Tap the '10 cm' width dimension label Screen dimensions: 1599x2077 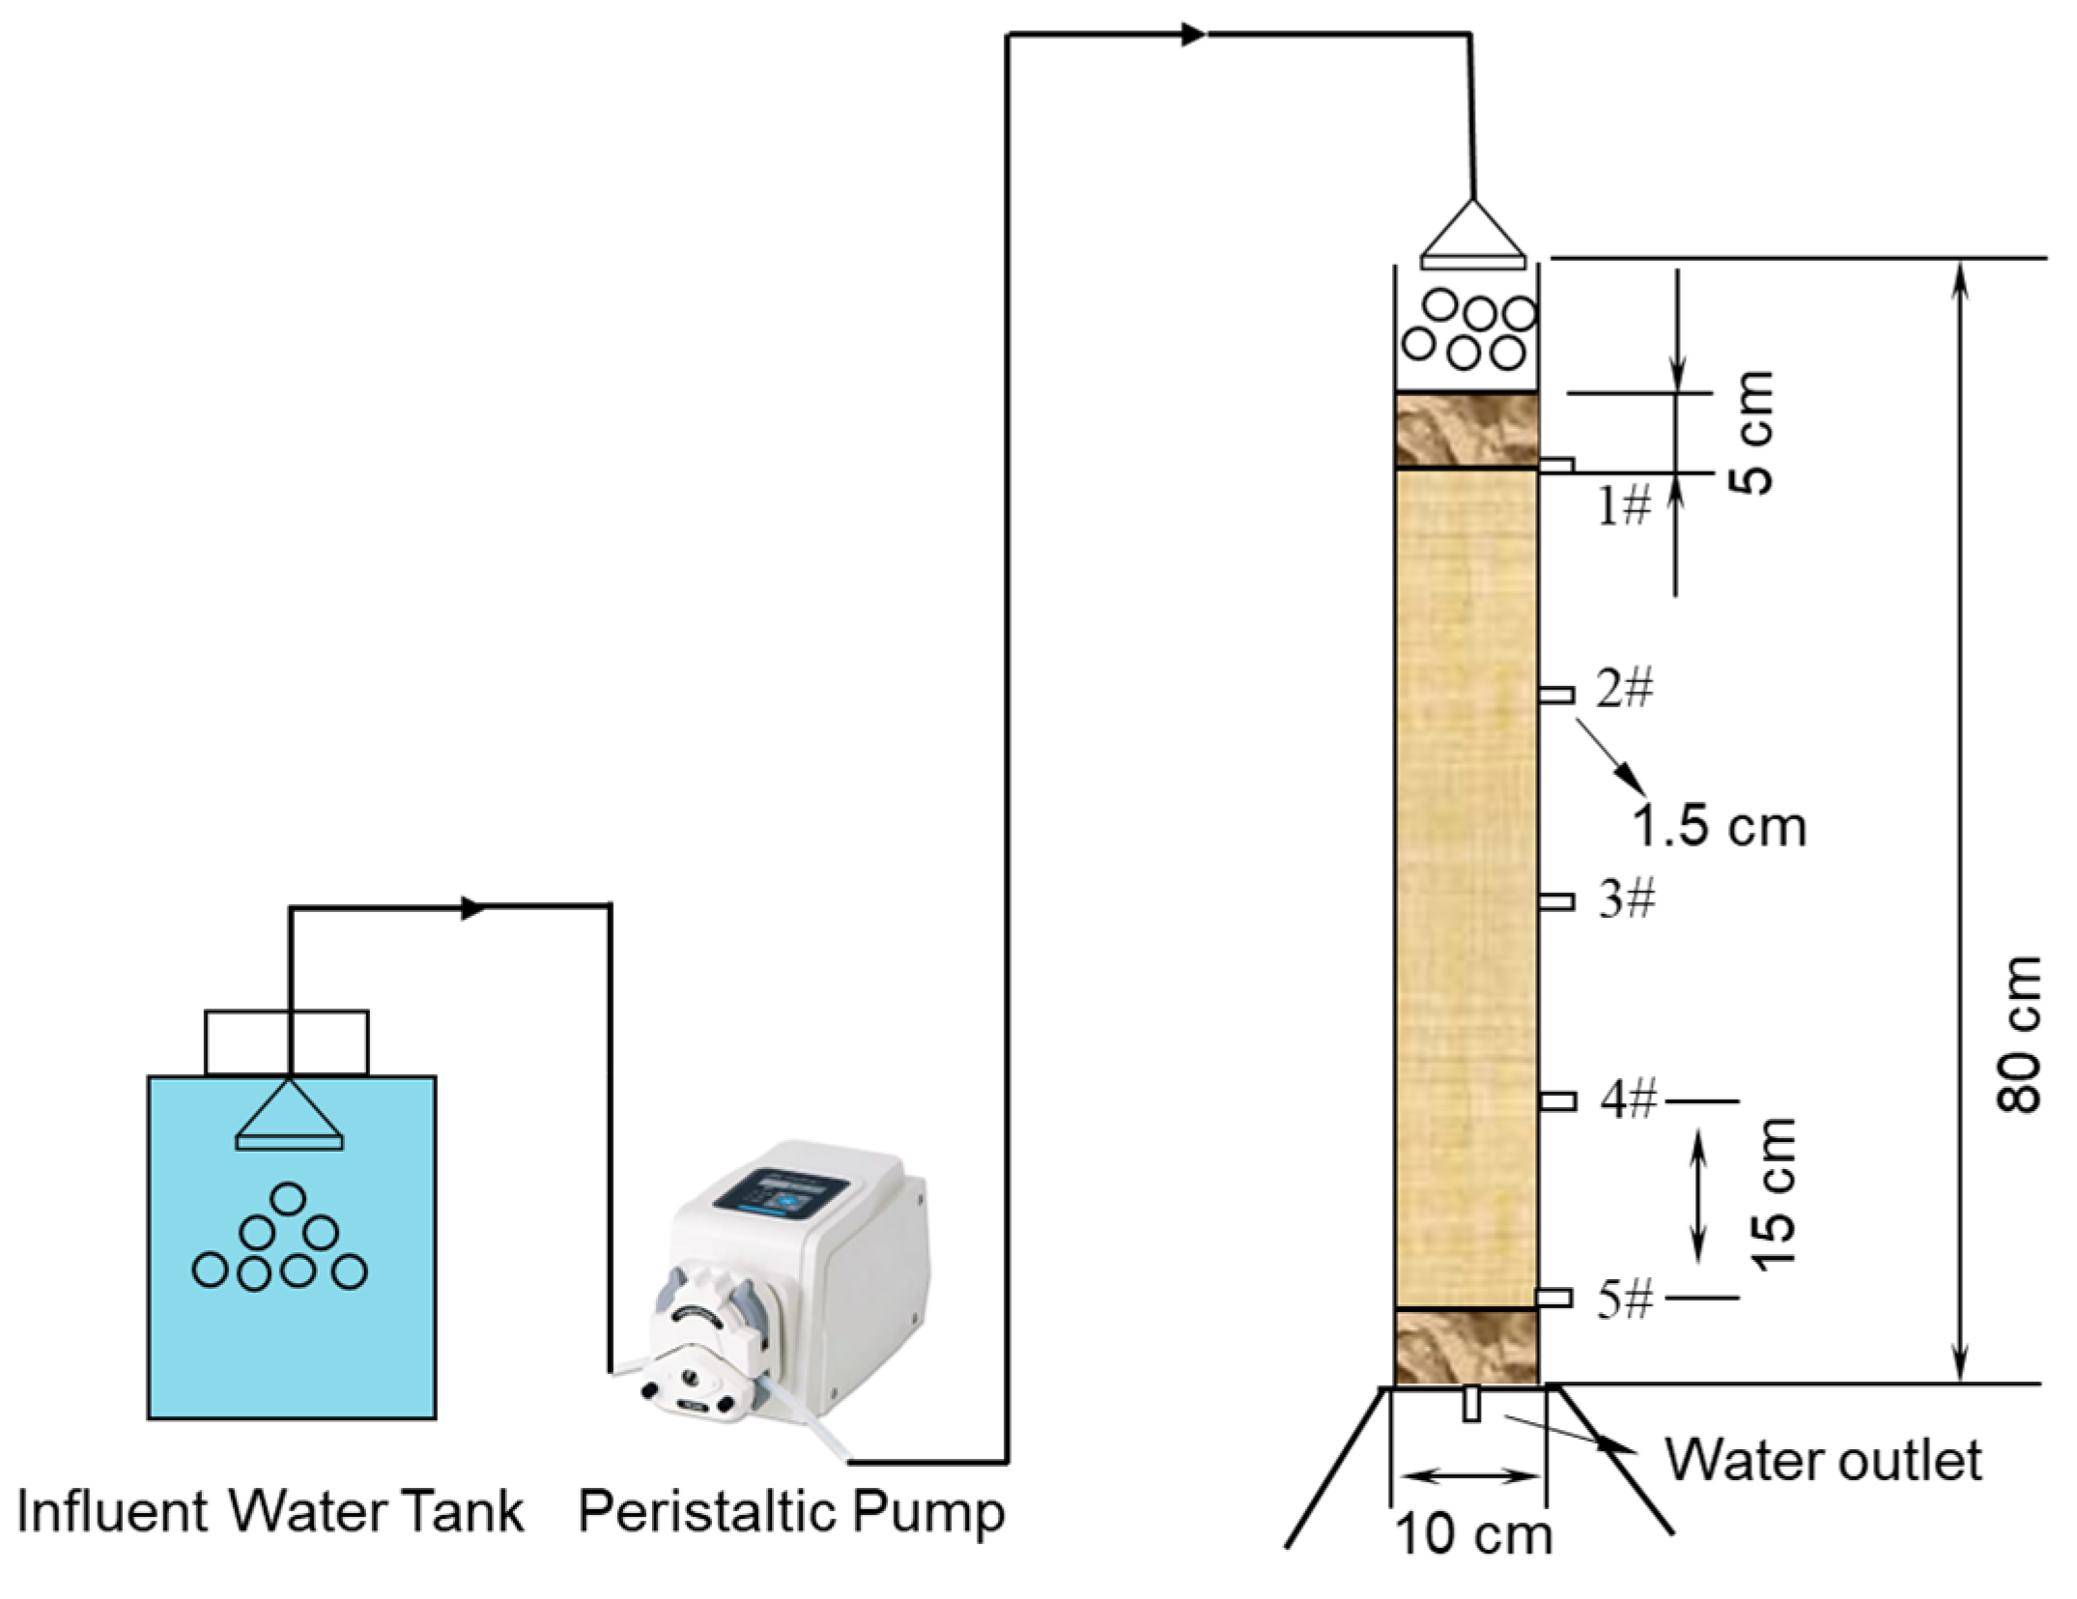1474,1534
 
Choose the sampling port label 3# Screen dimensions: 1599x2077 1627,899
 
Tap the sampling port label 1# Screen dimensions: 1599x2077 1624,505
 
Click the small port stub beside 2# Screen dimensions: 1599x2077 1556,695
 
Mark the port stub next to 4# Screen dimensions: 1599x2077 1557,1101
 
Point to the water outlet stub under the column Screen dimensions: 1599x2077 1471,1404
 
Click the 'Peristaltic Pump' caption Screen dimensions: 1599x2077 791,1511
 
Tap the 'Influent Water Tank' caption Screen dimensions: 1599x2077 270,1511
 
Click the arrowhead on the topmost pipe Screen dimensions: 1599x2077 1194,36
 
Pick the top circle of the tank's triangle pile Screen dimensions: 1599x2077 288,1199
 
